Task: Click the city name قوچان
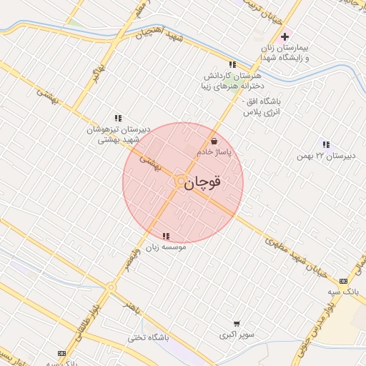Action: pyautogui.click(x=202, y=183)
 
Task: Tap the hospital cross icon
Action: pyautogui.click(x=285, y=36)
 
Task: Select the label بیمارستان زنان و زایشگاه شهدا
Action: pyautogui.click(x=286, y=52)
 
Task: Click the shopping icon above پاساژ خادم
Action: pyautogui.click(x=214, y=142)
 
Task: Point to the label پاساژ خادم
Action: pyautogui.click(x=214, y=153)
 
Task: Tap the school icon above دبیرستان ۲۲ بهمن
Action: pyautogui.click(x=326, y=144)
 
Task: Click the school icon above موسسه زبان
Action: pyautogui.click(x=167, y=236)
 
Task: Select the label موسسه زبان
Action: pyautogui.click(x=167, y=247)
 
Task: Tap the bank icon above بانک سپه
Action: pyautogui.click(x=343, y=280)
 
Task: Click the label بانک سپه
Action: pyautogui.click(x=343, y=292)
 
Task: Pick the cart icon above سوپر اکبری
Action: pyautogui.click(x=237, y=323)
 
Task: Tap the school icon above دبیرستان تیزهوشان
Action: pyautogui.click(x=118, y=118)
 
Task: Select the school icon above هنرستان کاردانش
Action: pyautogui.click(x=232, y=64)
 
